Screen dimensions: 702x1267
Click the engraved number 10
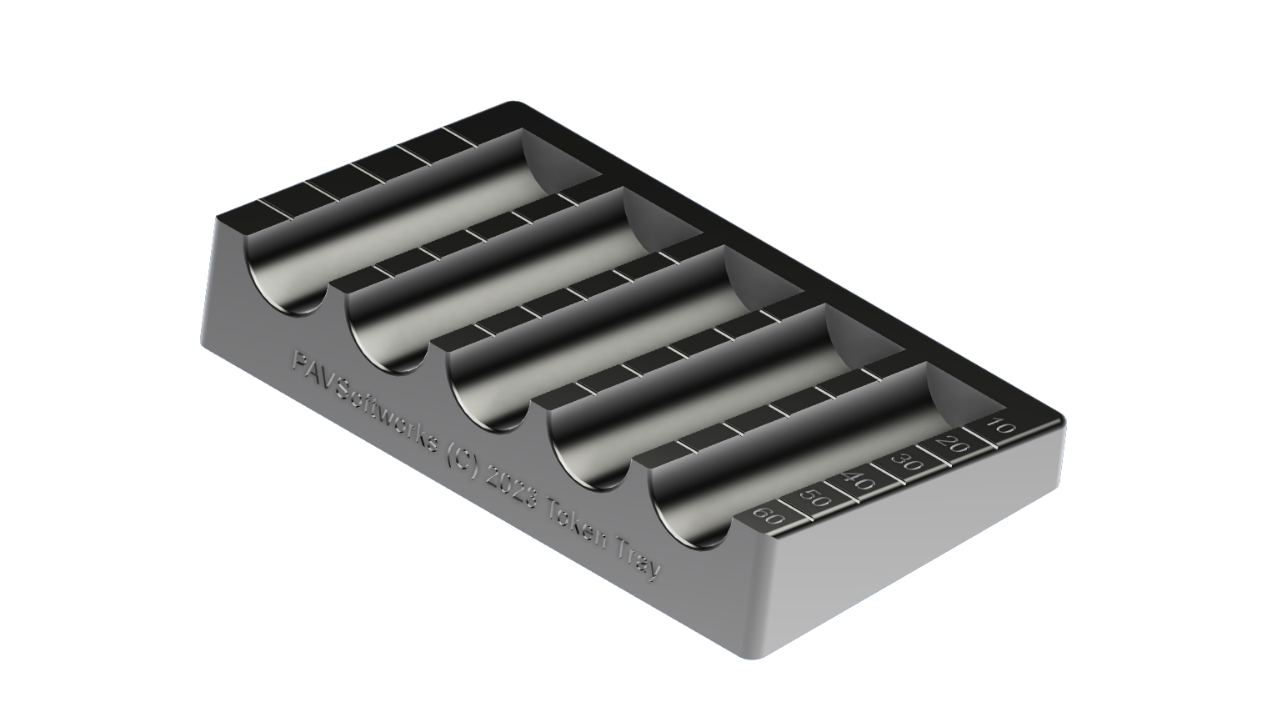click(1002, 427)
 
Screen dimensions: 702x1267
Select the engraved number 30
click(906, 462)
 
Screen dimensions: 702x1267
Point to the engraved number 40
click(859, 481)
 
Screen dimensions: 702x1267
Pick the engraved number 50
click(814, 499)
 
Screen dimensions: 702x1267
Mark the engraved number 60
click(769, 517)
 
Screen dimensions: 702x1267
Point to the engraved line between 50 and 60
click(791, 508)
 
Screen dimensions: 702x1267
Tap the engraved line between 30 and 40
click(883, 471)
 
